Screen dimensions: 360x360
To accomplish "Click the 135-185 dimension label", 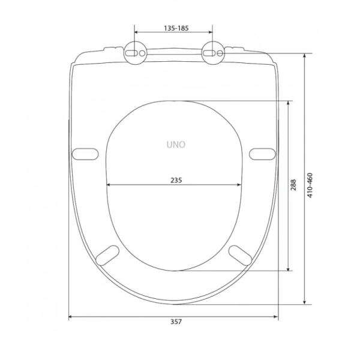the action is pyautogui.click(x=176, y=28).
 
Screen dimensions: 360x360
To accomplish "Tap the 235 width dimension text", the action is pyautogui.click(x=176, y=180).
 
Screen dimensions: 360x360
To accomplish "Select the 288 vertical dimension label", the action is pyautogui.click(x=293, y=185).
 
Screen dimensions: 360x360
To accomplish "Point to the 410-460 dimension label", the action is pyautogui.click(x=310, y=185).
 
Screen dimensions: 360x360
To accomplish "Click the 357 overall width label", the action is pyautogui.click(x=176, y=322).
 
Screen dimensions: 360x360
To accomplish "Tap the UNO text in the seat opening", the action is pyautogui.click(x=176, y=145).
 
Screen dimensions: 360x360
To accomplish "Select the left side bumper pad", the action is pyautogui.click(x=85, y=154).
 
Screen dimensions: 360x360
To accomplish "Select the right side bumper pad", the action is pyautogui.click(x=262, y=154).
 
